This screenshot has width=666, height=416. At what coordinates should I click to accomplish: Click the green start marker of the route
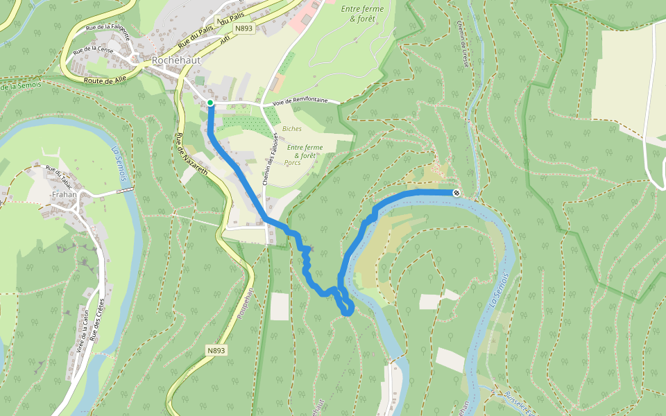210,103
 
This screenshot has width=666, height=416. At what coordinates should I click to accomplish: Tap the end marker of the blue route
456,193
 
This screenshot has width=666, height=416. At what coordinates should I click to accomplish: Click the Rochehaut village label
176,60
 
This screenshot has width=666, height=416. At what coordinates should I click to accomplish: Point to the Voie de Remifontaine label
300,101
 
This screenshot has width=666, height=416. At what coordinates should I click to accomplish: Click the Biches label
292,129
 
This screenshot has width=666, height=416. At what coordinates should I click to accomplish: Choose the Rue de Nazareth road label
191,157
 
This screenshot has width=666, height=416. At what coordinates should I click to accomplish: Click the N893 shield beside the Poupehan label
216,351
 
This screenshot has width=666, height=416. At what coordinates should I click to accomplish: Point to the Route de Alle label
105,80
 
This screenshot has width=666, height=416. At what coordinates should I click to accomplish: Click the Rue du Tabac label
59,175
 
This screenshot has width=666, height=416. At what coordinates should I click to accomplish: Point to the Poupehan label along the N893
244,306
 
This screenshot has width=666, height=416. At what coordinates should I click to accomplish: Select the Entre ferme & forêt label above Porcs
305,151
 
